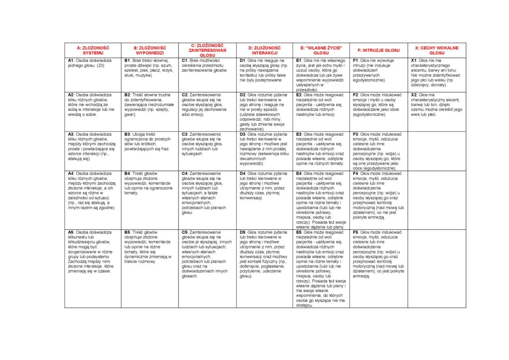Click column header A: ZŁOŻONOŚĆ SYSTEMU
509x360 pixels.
tap(93, 50)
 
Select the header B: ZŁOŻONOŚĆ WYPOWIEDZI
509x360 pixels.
tap(150, 50)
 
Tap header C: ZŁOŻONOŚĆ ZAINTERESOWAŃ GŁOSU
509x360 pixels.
tap(207, 50)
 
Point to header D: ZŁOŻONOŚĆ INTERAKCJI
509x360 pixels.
tap(264, 50)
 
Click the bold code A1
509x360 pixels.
tap(71, 60)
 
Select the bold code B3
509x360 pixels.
tap(127, 134)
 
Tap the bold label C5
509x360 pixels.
tap(185, 232)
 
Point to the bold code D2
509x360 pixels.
tap(243, 94)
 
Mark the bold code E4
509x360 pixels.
tap(299, 174)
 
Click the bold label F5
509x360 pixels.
tap(356, 232)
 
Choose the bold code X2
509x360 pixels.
tap(414, 94)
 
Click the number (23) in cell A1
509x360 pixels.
tap(101, 65)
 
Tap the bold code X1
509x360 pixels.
tap(414, 60)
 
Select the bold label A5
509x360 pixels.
tap(71, 232)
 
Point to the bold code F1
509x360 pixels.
tap(356, 60)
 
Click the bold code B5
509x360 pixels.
tap(127, 232)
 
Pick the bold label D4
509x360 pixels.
tap(243, 174)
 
